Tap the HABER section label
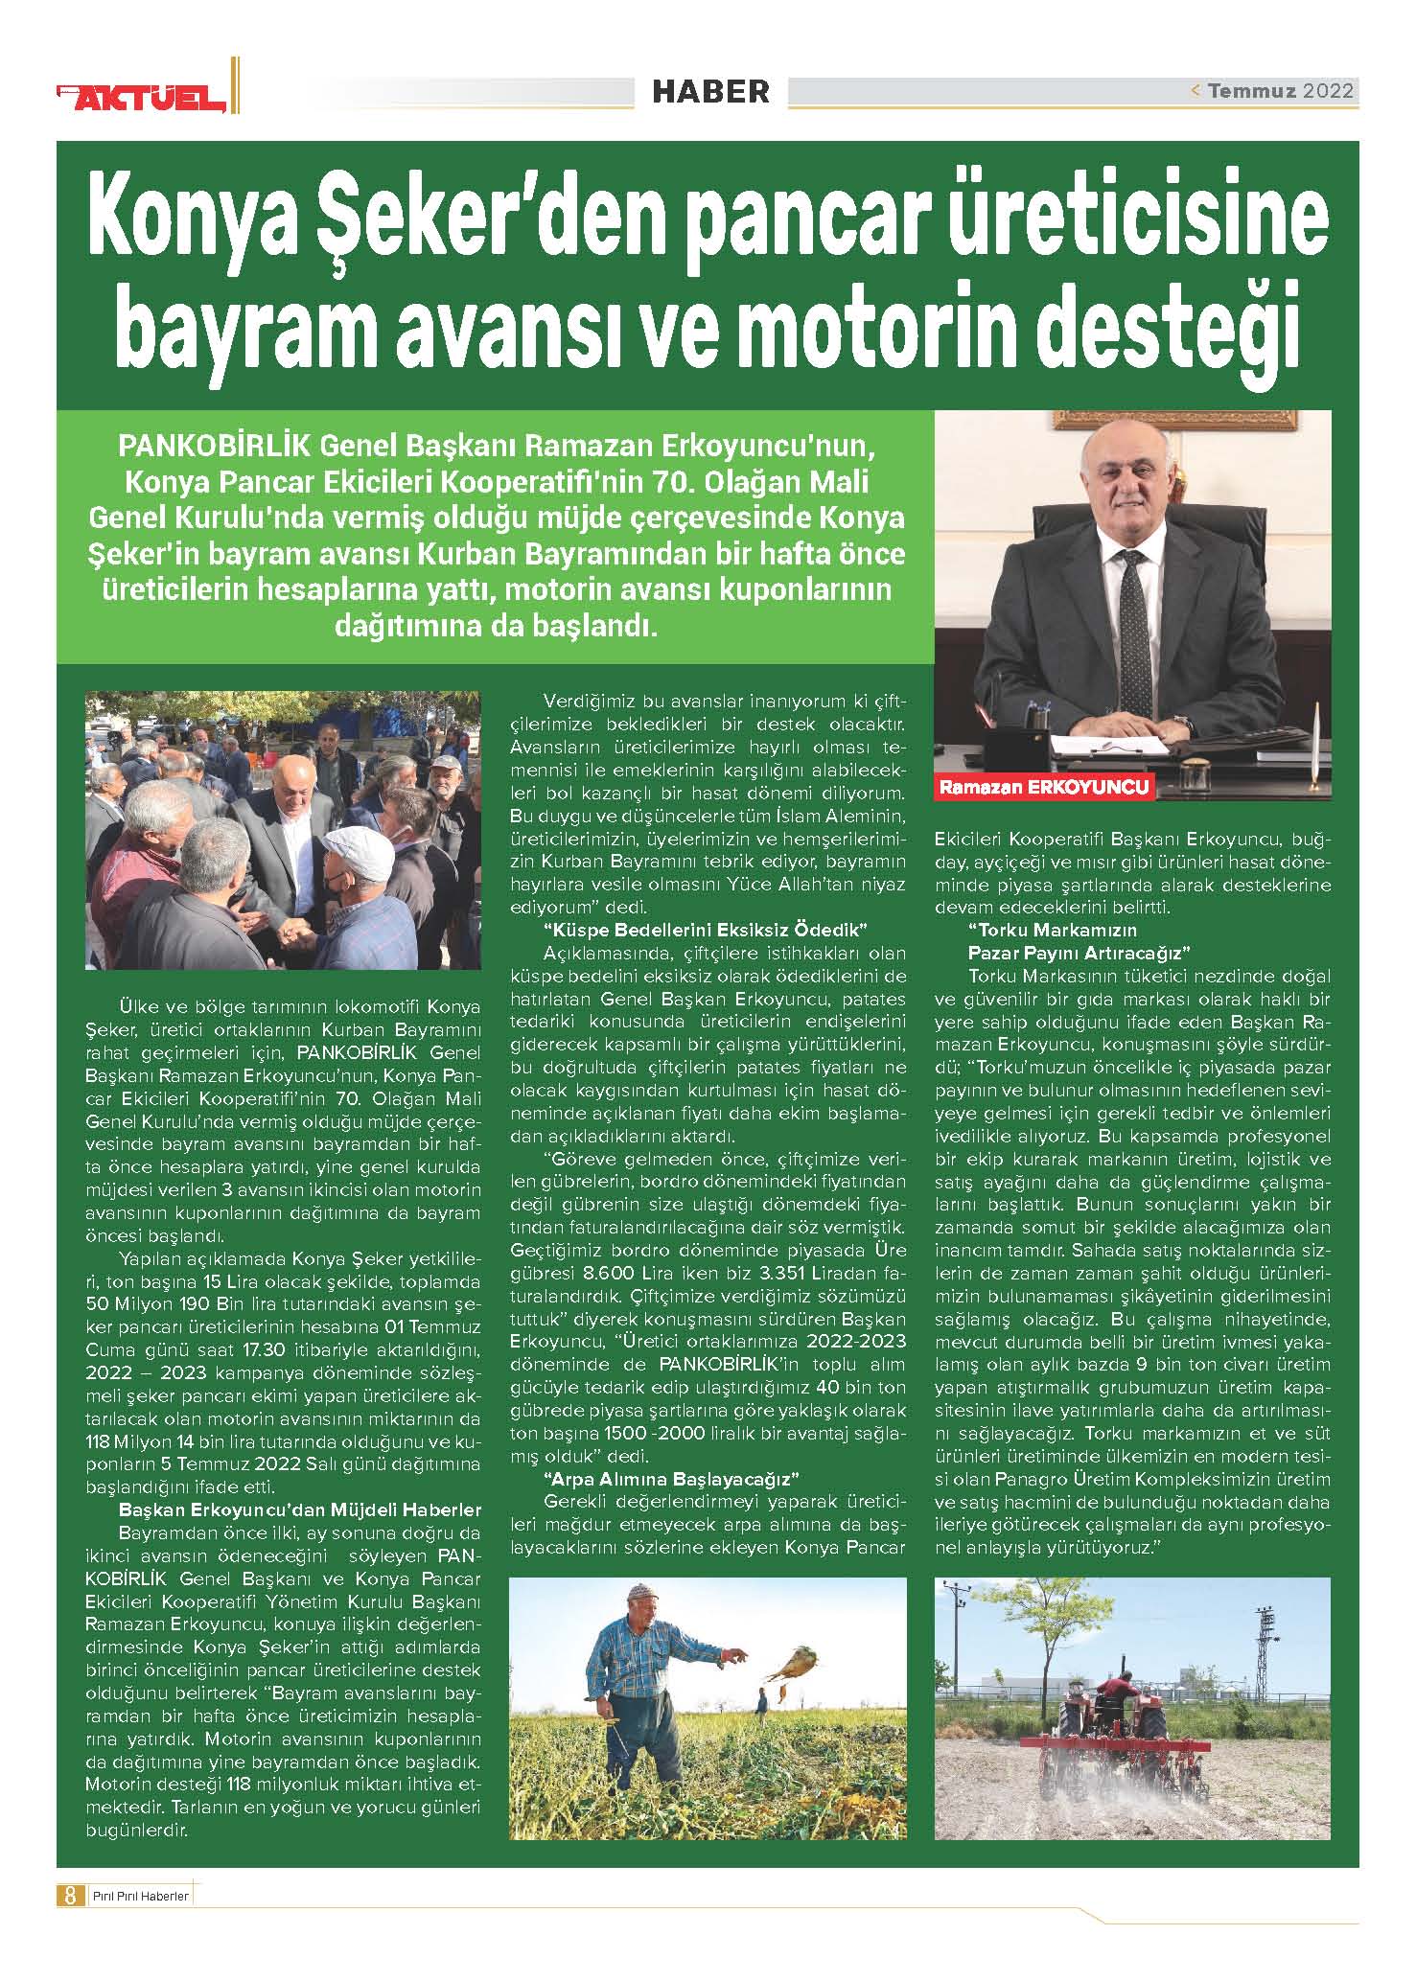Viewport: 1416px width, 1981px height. tap(710, 92)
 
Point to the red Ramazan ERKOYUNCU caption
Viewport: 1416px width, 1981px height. tap(1044, 789)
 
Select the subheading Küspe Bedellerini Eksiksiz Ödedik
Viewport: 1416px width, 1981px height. tap(705, 930)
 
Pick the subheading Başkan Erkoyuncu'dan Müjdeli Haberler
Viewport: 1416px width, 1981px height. tap(299, 1510)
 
